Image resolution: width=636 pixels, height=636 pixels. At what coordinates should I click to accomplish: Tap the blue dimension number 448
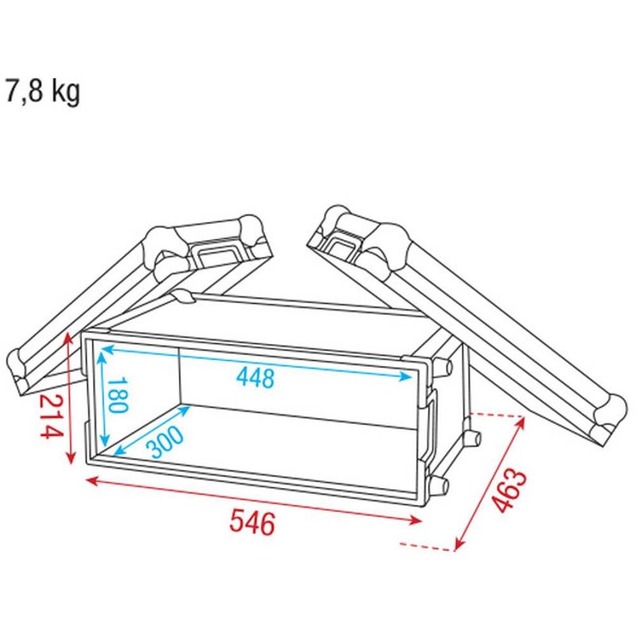tap(255, 377)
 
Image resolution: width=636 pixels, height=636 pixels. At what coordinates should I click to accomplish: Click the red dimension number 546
tap(253, 522)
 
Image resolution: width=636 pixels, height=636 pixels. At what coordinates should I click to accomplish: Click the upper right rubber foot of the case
tap(444, 367)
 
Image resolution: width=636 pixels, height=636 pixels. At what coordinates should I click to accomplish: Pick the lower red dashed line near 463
tap(425, 545)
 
